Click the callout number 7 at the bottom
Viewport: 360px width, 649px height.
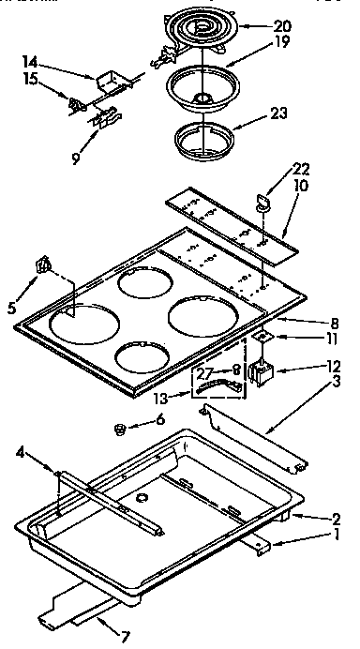(x=126, y=638)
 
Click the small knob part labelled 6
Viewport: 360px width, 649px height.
(x=119, y=430)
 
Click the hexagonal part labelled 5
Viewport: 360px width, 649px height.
(x=40, y=265)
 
